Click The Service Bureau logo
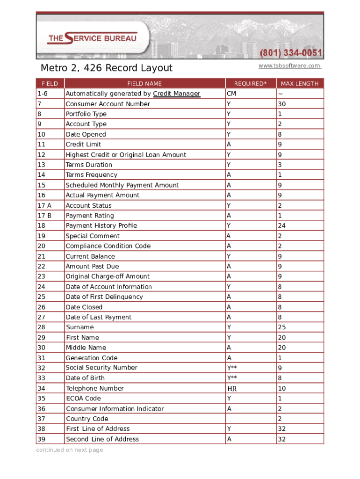(92, 38)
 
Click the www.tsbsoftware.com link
(289, 66)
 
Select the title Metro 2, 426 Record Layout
(106, 68)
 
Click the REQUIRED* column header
(250, 84)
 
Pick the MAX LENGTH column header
(299, 84)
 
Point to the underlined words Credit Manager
(176, 94)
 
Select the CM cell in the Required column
(231, 94)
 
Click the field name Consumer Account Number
(108, 104)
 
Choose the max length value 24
(281, 225)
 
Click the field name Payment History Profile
(101, 225)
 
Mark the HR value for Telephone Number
(232, 388)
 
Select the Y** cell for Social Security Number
(232, 368)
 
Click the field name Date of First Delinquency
(104, 297)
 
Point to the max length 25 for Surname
(281, 327)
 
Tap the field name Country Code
(87, 419)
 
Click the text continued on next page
(70, 450)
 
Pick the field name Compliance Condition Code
(108, 246)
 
